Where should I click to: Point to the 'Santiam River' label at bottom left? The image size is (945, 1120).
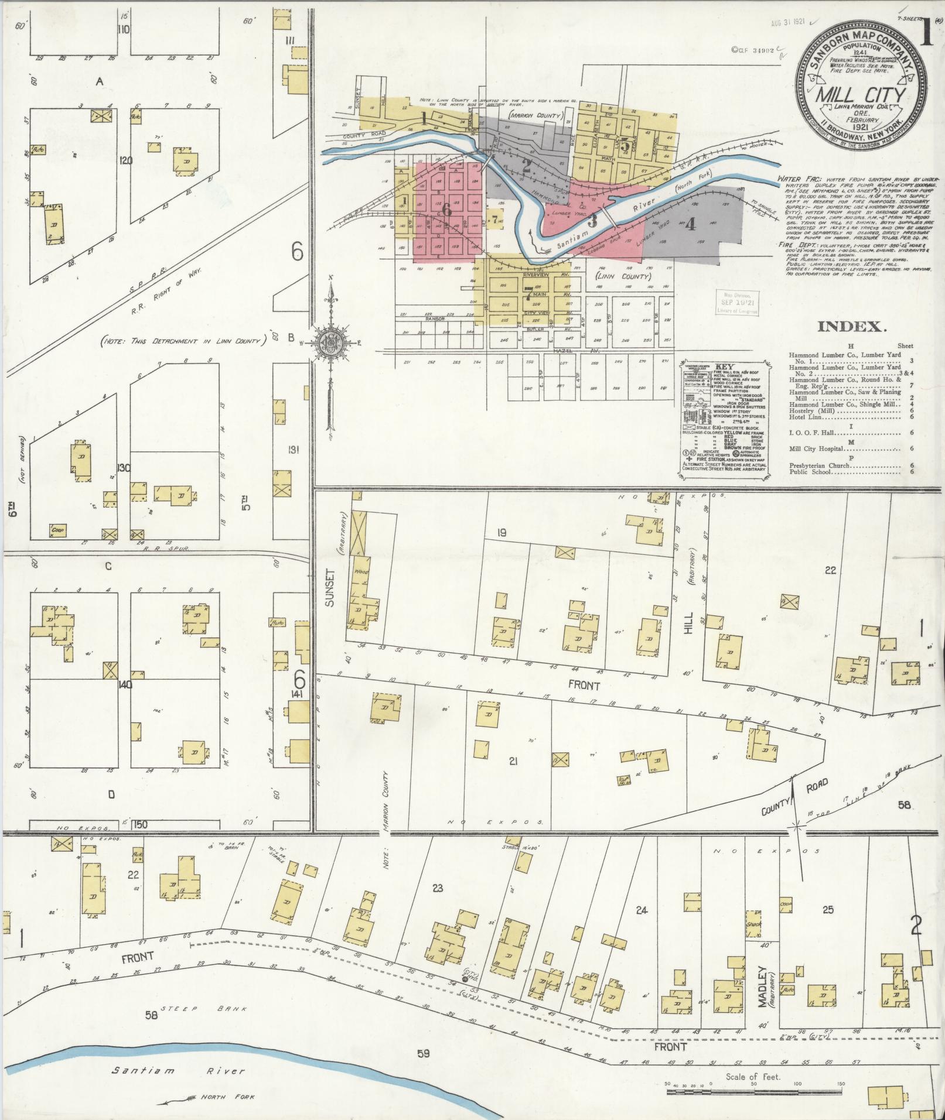click(179, 1071)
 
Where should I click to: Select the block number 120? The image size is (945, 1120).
click(125, 160)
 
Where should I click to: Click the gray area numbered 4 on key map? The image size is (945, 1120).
click(690, 224)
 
